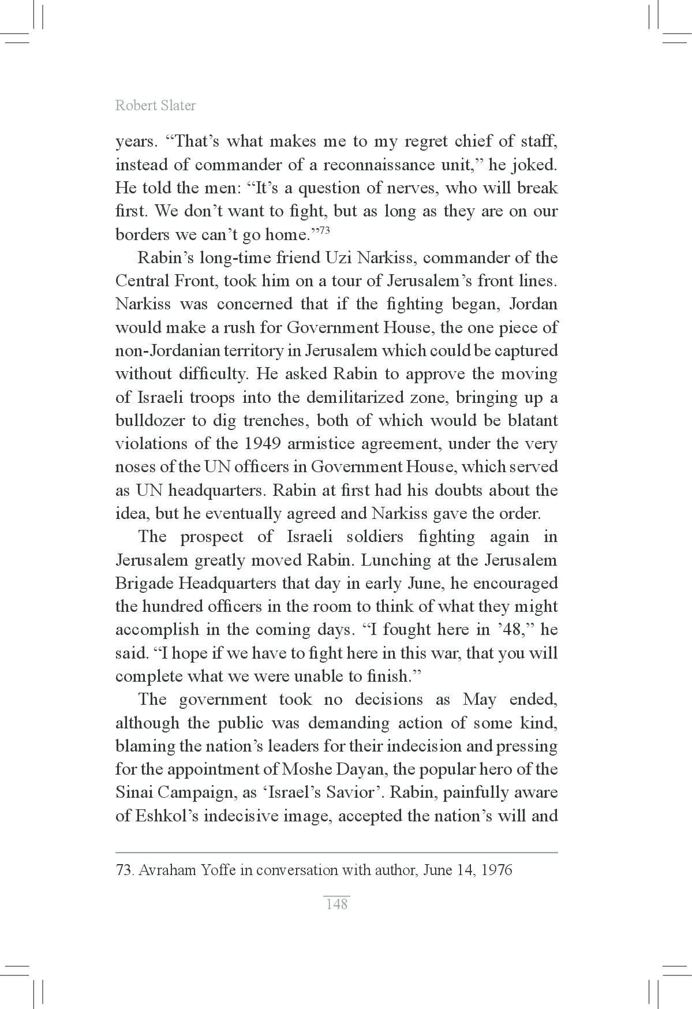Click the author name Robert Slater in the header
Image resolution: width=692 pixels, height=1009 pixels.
155,106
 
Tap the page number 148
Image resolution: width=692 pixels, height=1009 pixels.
336,904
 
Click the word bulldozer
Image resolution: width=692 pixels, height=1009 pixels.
150,421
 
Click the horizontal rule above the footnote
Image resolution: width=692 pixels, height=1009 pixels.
336,853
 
